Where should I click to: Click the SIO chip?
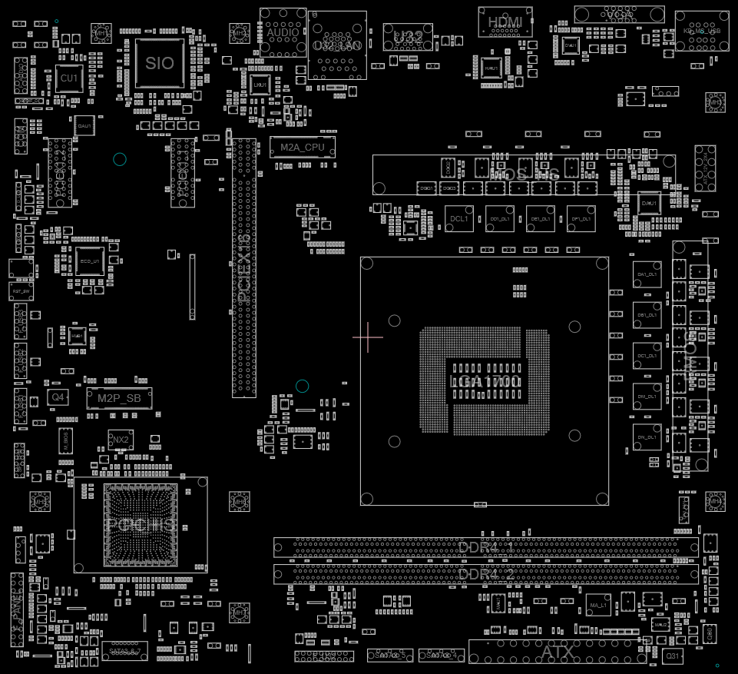(160, 63)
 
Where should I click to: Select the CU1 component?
(69, 78)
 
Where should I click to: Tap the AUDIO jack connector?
(283, 32)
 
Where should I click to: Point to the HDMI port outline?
(505, 22)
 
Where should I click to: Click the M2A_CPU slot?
(302, 147)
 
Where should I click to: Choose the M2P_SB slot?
(119, 398)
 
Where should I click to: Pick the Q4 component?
(58, 397)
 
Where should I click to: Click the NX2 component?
(120, 440)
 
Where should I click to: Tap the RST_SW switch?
(22, 292)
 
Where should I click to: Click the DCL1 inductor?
(459, 218)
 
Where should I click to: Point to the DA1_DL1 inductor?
(647, 274)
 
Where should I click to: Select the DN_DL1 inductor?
(647, 437)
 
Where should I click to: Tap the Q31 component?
(673, 656)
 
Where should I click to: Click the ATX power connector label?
(558, 652)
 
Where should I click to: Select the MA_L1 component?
(597, 606)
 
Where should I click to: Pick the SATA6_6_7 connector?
(124, 651)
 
